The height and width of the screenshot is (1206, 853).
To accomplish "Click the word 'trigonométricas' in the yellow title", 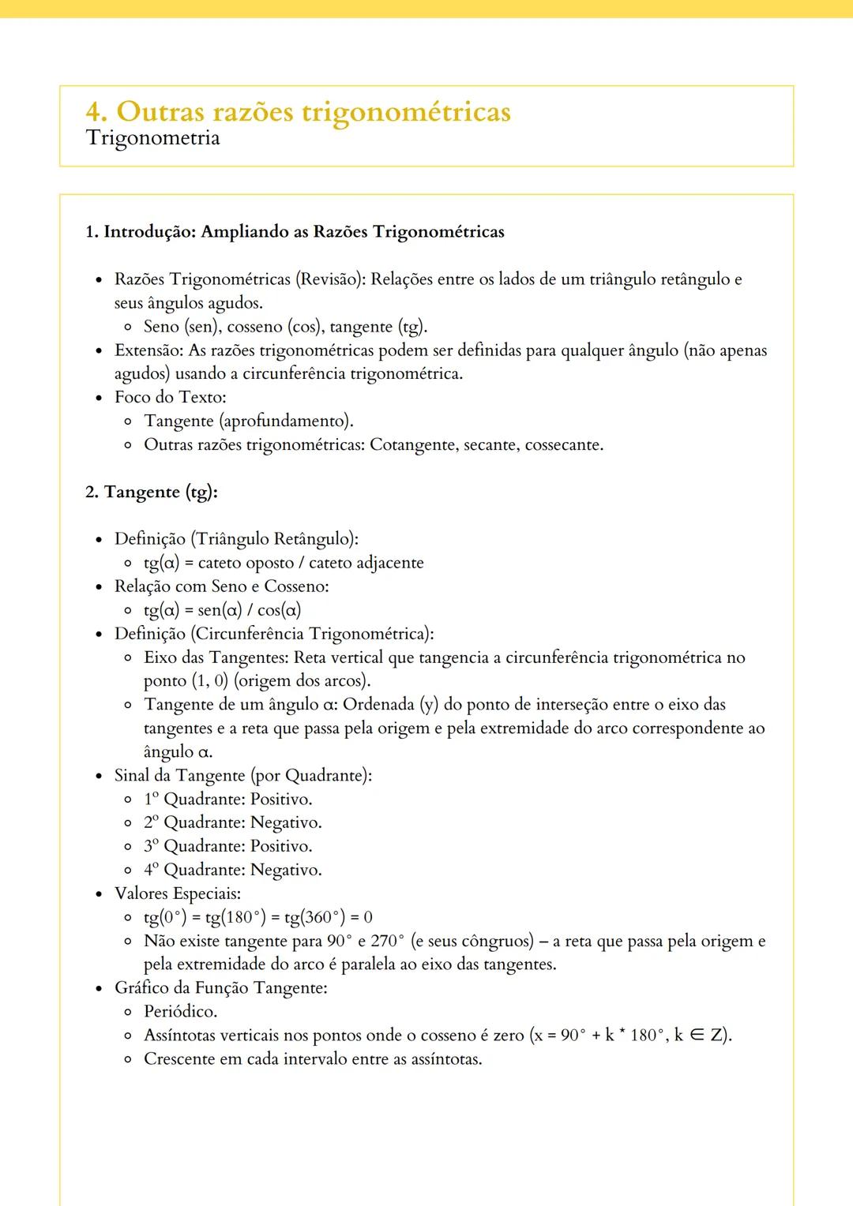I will pyautogui.click(x=407, y=112).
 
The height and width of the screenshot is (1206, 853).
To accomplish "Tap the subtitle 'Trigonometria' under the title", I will pyautogui.click(x=152, y=138).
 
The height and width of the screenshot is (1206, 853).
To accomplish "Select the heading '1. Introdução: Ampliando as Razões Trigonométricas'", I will pyautogui.click(x=295, y=232).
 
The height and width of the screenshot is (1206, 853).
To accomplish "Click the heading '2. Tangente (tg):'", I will pyautogui.click(x=152, y=493).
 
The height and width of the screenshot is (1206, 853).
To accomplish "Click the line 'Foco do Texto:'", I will pyautogui.click(x=170, y=397).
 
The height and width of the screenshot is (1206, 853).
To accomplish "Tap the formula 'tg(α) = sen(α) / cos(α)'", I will pyautogui.click(x=222, y=610).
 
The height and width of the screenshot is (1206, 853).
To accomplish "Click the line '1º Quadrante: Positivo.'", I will pyautogui.click(x=227, y=800).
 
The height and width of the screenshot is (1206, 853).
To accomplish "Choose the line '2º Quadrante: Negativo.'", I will pyautogui.click(x=232, y=823).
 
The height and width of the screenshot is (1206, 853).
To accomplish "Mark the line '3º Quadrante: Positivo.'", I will pyautogui.click(x=227, y=847).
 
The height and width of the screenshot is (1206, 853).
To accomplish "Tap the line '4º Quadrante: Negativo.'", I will pyautogui.click(x=232, y=871).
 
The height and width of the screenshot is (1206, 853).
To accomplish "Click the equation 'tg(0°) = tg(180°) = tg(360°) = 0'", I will pyautogui.click(x=257, y=918).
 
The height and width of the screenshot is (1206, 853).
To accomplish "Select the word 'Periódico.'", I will pyautogui.click(x=180, y=1012).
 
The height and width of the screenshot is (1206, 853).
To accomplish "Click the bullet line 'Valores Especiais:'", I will pyautogui.click(x=178, y=894).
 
